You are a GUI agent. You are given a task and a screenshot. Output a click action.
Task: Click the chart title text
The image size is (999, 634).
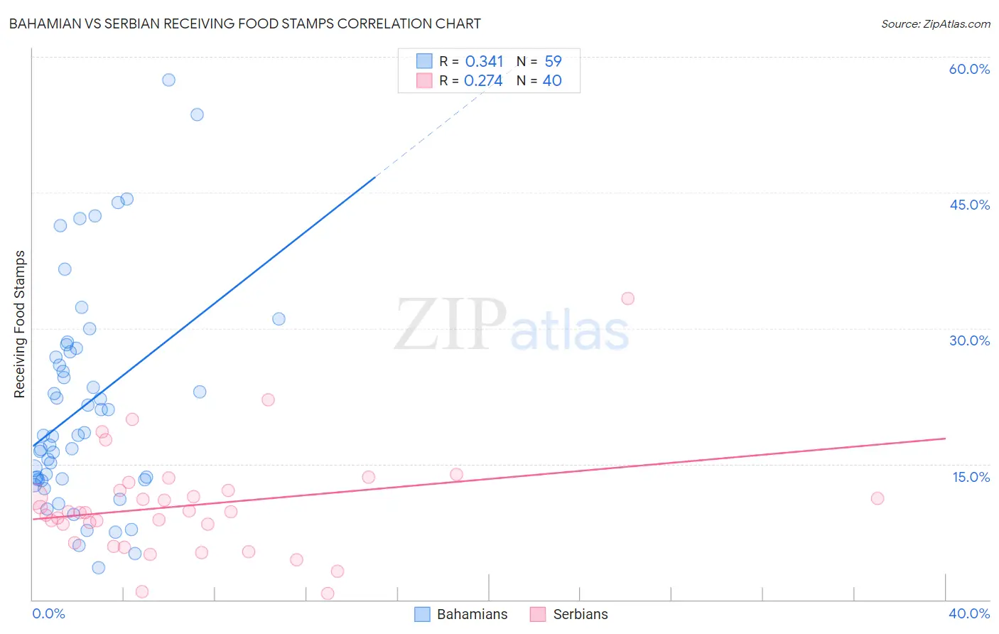coord(245,24)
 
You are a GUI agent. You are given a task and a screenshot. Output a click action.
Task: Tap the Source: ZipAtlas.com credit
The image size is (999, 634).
coord(935,24)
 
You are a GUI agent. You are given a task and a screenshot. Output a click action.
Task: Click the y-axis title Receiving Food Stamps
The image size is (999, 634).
coord(20,324)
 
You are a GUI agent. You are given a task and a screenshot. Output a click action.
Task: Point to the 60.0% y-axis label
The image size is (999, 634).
coord(969,69)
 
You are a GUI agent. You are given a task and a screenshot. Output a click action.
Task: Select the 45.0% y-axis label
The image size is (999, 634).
coord(969,205)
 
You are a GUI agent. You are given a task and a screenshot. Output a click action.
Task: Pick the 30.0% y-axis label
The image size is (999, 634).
coord(969,340)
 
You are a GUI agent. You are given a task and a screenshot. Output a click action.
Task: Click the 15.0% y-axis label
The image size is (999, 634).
coord(971,477)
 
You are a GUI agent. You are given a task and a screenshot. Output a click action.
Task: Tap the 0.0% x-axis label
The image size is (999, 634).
coord(48,613)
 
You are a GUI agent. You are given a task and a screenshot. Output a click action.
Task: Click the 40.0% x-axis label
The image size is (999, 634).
coord(969,613)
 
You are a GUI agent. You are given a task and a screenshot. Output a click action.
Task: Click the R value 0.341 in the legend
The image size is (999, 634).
coord(484,62)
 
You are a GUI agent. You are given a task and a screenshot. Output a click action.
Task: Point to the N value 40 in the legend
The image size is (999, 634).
coord(552,81)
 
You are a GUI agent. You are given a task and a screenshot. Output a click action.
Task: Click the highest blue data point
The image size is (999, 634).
coord(168,80)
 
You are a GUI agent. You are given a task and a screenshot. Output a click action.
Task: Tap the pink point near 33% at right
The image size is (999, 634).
coord(627,299)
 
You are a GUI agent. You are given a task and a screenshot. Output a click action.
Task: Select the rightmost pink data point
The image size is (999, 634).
coord(877,498)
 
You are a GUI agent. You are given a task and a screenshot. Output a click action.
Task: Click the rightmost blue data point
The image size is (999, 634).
coord(279,319)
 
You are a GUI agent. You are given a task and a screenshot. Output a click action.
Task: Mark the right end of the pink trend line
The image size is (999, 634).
coord(945,439)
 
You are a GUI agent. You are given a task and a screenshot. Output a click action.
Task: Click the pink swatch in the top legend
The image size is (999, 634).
coord(424,81)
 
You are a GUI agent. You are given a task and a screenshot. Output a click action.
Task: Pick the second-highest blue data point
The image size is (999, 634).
coord(197,114)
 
